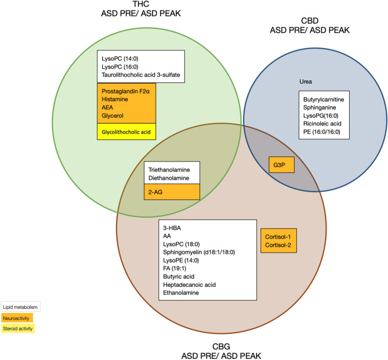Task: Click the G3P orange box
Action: click(281, 165)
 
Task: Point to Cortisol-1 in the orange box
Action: click(278, 221)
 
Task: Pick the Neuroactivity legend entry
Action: click(16, 318)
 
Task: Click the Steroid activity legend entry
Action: click(17, 329)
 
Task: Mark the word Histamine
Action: click(116, 100)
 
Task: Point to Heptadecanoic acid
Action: click(189, 285)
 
